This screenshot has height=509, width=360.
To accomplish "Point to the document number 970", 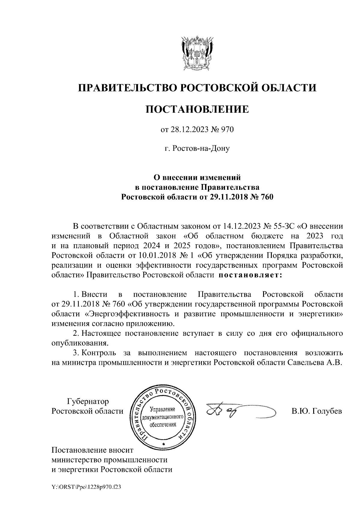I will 227,130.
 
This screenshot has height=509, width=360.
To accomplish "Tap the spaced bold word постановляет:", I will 250,275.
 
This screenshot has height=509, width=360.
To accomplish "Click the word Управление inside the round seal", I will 162,410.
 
